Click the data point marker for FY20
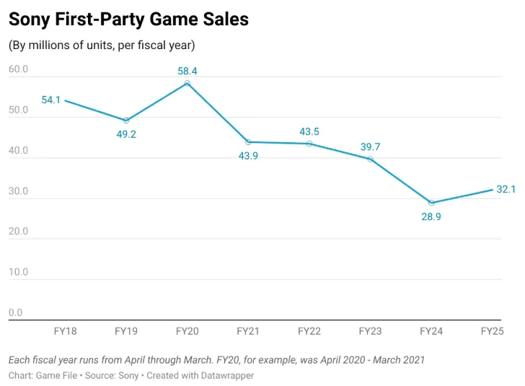[187, 83]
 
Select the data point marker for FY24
[431, 203]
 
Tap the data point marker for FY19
[126, 120]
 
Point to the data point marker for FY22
[309, 144]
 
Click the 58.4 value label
[187, 71]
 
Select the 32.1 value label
[506, 189]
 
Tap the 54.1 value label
[51, 100]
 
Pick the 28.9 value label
[431, 216]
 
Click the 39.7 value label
[371, 146]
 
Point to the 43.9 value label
[248, 156]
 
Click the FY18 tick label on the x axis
[66, 331]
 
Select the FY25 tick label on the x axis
[492, 331]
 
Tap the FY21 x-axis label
[248, 331]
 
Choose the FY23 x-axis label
[371, 331]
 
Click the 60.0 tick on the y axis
[19, 69]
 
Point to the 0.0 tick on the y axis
[15, 312]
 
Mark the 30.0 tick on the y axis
[19, 191]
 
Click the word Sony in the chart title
[30, 19]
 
